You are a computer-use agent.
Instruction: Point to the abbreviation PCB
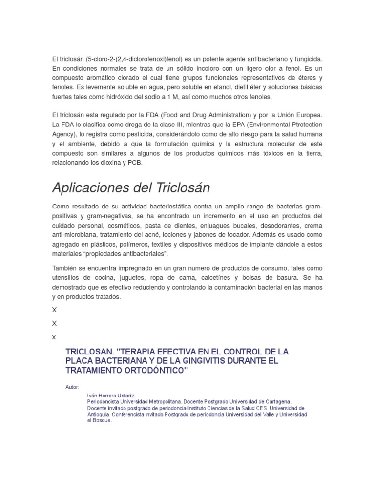[135, 162]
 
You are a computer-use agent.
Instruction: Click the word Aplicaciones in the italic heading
[90, 187]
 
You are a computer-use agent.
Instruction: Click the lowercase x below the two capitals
[54, 337]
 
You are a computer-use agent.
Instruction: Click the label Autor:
[72, 387]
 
